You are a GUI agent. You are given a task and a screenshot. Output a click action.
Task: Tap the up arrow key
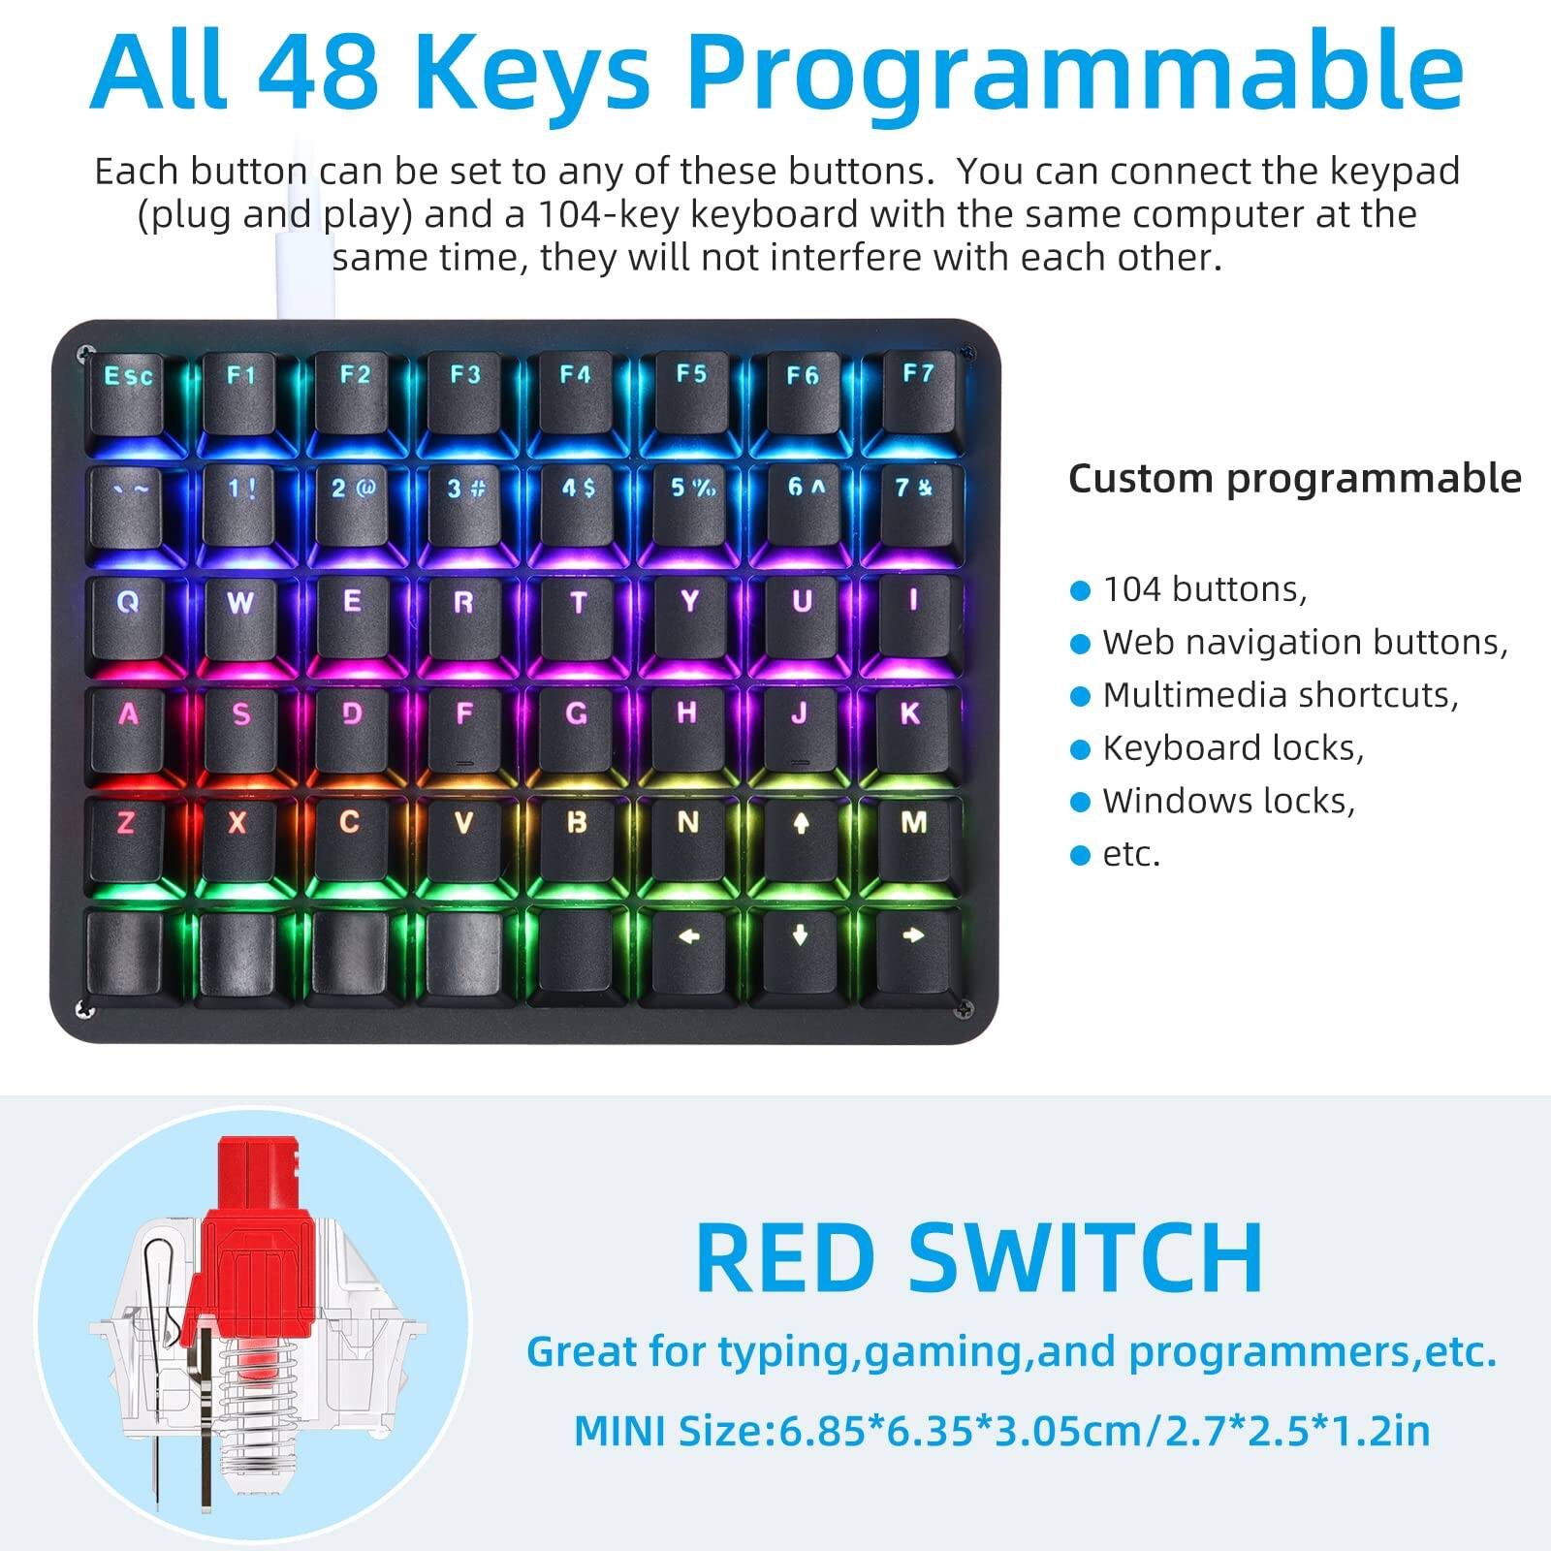point(801,839)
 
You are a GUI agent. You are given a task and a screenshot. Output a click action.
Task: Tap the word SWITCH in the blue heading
point(1086,1258)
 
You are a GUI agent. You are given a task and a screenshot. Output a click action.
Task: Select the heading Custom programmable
point(1294,479)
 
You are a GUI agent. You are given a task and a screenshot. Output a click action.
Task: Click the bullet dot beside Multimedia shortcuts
point(1080,697)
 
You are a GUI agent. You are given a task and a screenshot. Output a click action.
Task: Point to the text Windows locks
point(1228,802)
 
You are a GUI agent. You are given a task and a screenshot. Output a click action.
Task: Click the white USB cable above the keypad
point(302,262)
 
